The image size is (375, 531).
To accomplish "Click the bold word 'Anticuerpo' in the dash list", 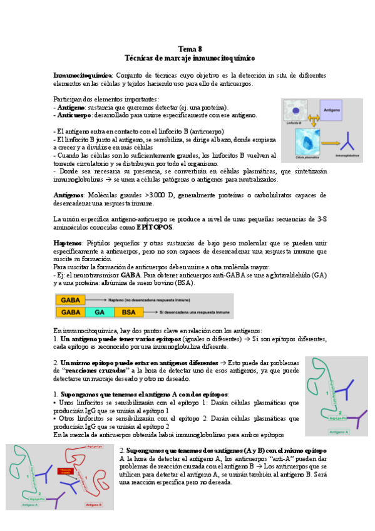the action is tap(74, 115).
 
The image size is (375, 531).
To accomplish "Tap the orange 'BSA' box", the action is tap(128, 311).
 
